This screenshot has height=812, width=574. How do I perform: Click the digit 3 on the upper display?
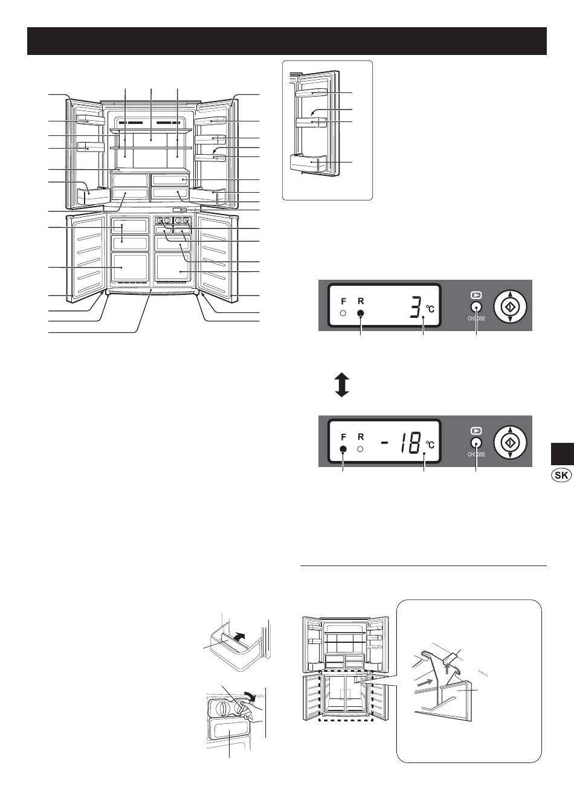pyautogui.click(x=416, y=306)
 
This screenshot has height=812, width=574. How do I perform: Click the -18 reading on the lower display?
pyautogui.click(x=402, y=442)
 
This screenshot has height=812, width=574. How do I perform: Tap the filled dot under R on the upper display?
pyautogui.click(x=361, y=314)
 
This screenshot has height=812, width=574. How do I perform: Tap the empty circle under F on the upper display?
pyautogui.click(x=343, y=313)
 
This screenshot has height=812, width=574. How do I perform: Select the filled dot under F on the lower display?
pyautogui.click(x=343, y=449)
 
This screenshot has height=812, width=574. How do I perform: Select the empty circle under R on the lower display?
pyautogui.click(x=360, y=449)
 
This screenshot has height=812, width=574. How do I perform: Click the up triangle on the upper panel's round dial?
pyautogui.click(x=511, y=294)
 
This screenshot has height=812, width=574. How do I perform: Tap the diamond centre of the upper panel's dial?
pyautogui.click(x=511, y=307)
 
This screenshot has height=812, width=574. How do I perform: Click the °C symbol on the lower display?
pyautogui.click(x=430, y=445)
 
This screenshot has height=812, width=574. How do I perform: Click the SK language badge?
pyautogui.click(x=561, y=475)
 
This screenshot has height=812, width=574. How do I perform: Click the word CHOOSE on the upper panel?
pyautogui.click(x=476, y=318)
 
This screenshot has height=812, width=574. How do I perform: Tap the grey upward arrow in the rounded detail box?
pyautogui.click(x=447, y=668)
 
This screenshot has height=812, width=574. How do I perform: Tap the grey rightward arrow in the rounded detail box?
pyautogui.click(x=424, y=682)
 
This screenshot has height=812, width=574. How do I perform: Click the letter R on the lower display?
pyautogui.click(x=361, y=437)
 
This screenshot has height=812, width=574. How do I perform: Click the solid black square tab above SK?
pyautogui.click(x=563, y=454)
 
